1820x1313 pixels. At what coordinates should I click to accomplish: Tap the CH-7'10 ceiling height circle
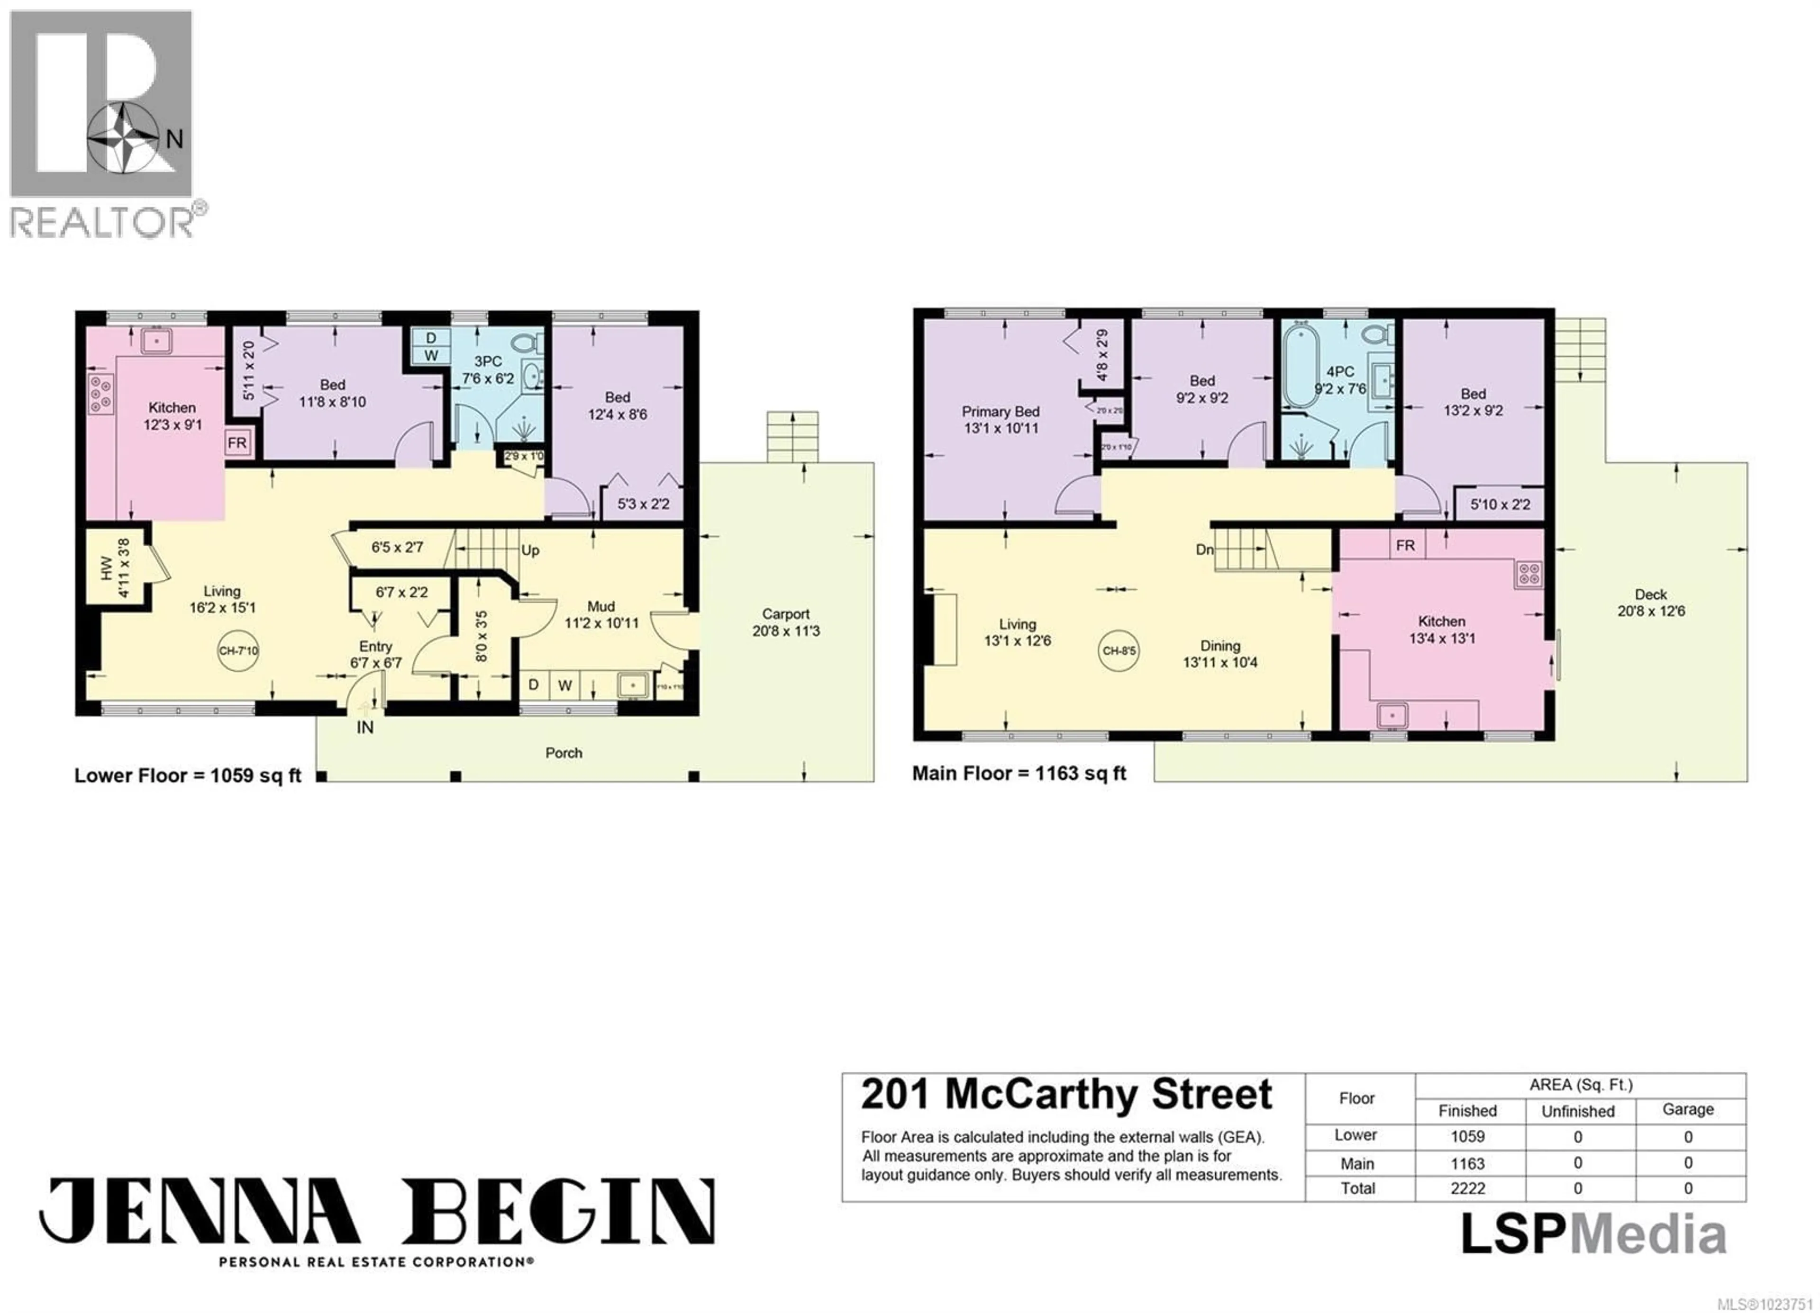click(x=238, y=650)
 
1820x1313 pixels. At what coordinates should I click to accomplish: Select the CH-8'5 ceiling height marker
click(x=1119, y=650)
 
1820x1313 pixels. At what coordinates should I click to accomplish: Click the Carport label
click(x=786, y=613)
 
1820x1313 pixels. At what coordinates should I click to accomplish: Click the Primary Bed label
click(x=1000, y=412)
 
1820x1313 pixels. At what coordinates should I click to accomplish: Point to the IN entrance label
click(x=365, y=728)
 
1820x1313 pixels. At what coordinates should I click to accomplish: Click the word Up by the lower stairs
click(x=530, y=550)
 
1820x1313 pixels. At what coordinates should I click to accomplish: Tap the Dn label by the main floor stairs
click(x=1204, y=549)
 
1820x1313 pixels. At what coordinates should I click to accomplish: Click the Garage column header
click(x=1688, y=1109)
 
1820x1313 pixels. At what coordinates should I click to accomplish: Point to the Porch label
click(x=564, y=752)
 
